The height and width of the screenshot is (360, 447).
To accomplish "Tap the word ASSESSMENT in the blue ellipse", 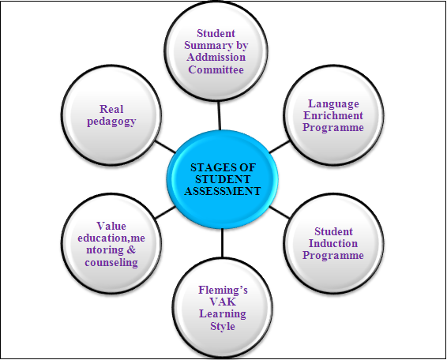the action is tap(223, 191).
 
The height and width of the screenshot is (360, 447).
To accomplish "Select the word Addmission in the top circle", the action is tap(216, 57).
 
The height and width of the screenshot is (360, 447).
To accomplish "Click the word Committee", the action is tap(216, 69).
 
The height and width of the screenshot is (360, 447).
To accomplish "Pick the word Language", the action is tap(333, 104).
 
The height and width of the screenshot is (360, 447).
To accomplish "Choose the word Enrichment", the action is tap(333, 115).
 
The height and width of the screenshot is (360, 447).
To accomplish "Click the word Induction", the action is tap(333, 243).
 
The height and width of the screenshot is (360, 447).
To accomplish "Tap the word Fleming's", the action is tap(223, 291).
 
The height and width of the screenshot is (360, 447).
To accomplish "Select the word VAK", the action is tap(223, 302).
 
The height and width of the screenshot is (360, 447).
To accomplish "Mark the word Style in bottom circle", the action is tap(223, 326).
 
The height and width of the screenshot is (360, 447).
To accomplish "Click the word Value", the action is tap(111, 226).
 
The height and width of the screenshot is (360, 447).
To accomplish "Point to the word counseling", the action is tap(111, 263).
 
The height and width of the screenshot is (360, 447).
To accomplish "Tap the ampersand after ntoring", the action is tap(130, 250).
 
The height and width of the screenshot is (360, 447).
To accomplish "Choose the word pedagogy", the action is tap(111, 122).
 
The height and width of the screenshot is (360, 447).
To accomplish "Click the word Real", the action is tap(111, 109).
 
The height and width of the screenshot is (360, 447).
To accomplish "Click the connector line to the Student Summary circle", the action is tap(219, 116).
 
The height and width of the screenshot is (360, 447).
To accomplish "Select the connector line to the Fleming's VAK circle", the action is tap(222, 243).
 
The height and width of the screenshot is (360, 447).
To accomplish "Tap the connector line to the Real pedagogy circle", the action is tap(165, 147).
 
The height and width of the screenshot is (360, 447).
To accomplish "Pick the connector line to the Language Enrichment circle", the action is tap(280, 147).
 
